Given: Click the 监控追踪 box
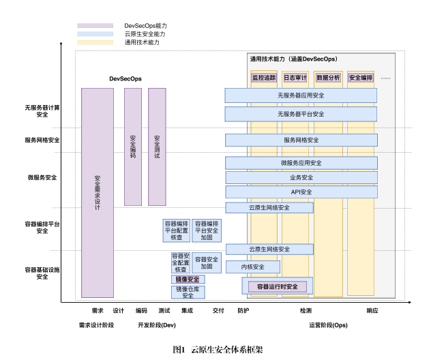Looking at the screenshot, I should (x=264, y=78).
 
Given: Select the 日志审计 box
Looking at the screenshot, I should (x=295, y=78).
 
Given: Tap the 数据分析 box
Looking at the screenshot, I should (x=328, y=78).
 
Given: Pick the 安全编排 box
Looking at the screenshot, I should (x=361, y=78).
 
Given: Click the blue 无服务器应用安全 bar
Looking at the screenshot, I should (x=301, y=95).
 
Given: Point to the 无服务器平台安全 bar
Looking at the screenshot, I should (x=301, y=114).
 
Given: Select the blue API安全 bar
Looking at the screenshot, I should (x=301, y=192).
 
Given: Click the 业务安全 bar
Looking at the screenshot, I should (x=301, y=177).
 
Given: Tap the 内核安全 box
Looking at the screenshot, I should (x=252, y=267).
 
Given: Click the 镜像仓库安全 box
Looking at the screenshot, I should (x=188, y=292).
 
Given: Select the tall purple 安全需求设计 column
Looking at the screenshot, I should (x=98, y=192).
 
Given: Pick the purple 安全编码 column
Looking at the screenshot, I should (x=133, y=147).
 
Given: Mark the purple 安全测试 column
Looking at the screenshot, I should (x=157, y=147).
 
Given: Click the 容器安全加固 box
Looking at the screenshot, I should (x=205, y=262).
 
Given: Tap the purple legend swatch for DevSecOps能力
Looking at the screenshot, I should (x=95, y=25).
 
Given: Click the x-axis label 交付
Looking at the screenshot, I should (x=218, y=311).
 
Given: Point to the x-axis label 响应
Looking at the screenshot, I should (x=372, y=311).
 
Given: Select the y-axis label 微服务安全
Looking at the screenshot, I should (x=42, y=177).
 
